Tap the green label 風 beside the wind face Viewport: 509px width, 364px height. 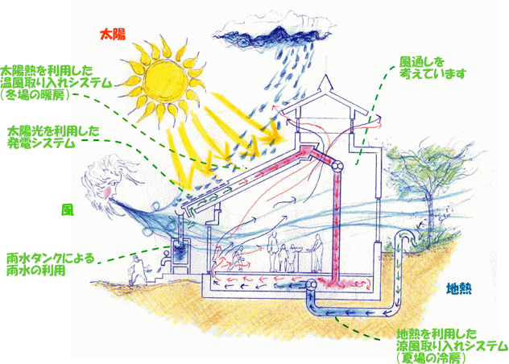tap(68, 209)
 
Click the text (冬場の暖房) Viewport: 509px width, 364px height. tap(37, 94)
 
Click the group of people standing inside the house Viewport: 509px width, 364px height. tap(286, 254)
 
